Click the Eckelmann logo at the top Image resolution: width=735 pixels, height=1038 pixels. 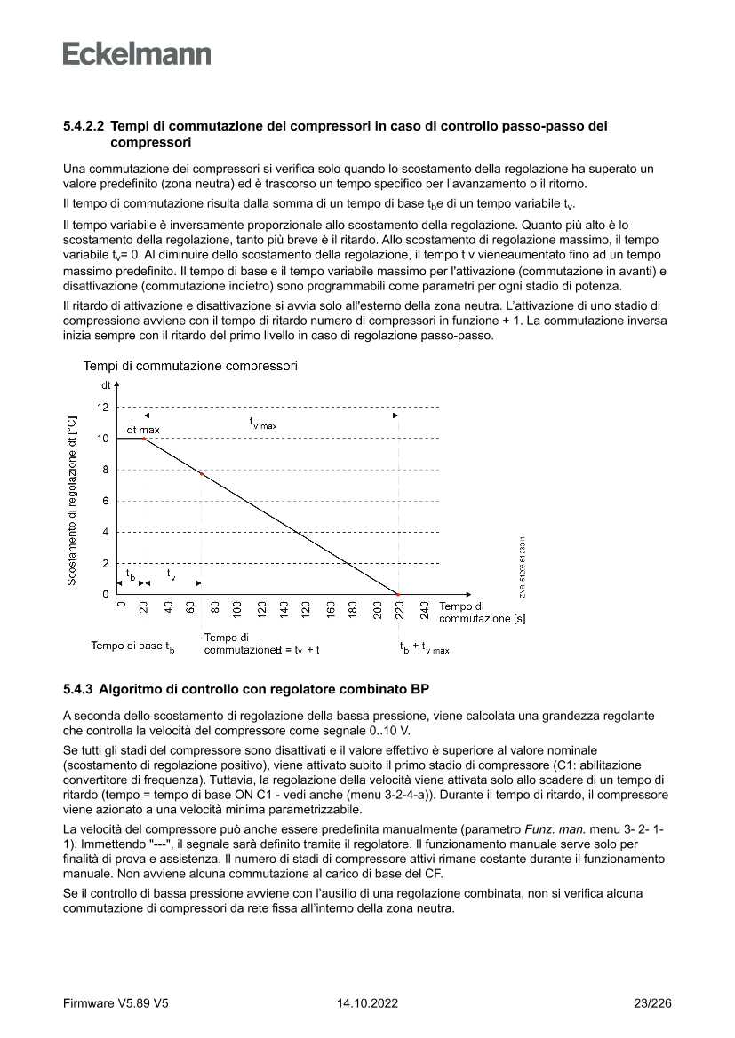(137, 54)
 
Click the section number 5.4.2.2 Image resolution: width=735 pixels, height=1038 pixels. (84, 127)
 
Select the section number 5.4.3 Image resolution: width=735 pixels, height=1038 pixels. (78, 687)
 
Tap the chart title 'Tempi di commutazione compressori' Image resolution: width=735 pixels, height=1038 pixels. (190, 366)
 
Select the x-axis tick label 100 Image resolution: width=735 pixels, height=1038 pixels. (237, 609)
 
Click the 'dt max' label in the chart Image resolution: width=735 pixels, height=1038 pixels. (143, 430)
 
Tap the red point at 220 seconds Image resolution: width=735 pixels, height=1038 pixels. (398, 594)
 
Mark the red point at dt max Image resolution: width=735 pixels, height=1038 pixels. (143, 439)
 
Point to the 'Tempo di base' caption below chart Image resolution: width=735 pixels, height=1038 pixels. (132, 646)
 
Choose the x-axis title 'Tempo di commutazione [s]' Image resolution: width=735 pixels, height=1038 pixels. (482, 613)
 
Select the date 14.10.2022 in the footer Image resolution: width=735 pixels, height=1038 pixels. (367, 1003)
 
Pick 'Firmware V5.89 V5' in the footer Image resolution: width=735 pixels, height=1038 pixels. (116, 1003)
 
